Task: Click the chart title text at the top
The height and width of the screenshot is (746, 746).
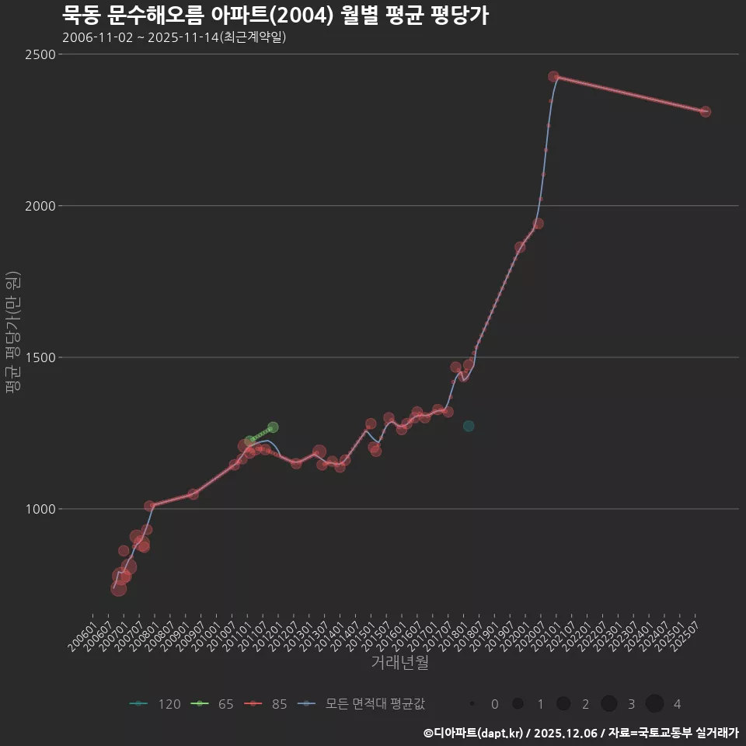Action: tap(275, 15)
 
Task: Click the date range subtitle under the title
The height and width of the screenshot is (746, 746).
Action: tap(174, 37)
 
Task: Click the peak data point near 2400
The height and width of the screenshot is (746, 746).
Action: tap(553, 77)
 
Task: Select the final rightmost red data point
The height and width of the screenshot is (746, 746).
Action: tap(705, 112)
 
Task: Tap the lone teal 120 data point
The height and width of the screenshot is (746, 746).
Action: tap(469, 426)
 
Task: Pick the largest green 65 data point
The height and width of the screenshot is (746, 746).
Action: tap(273, 427)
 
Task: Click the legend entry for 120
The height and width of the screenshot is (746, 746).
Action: tap(155, 704)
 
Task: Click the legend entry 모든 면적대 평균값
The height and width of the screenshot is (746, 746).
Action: tap(362, 704)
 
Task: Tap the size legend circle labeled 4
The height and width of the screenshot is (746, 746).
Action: tap(654, 704)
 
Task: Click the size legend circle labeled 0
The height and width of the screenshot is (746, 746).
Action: tap(472, 704)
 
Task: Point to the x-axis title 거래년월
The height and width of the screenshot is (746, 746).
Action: tap(399, 663)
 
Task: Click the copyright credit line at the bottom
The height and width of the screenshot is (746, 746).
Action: tap(581, 732)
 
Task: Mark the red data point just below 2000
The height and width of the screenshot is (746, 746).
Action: tap(538, 224)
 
